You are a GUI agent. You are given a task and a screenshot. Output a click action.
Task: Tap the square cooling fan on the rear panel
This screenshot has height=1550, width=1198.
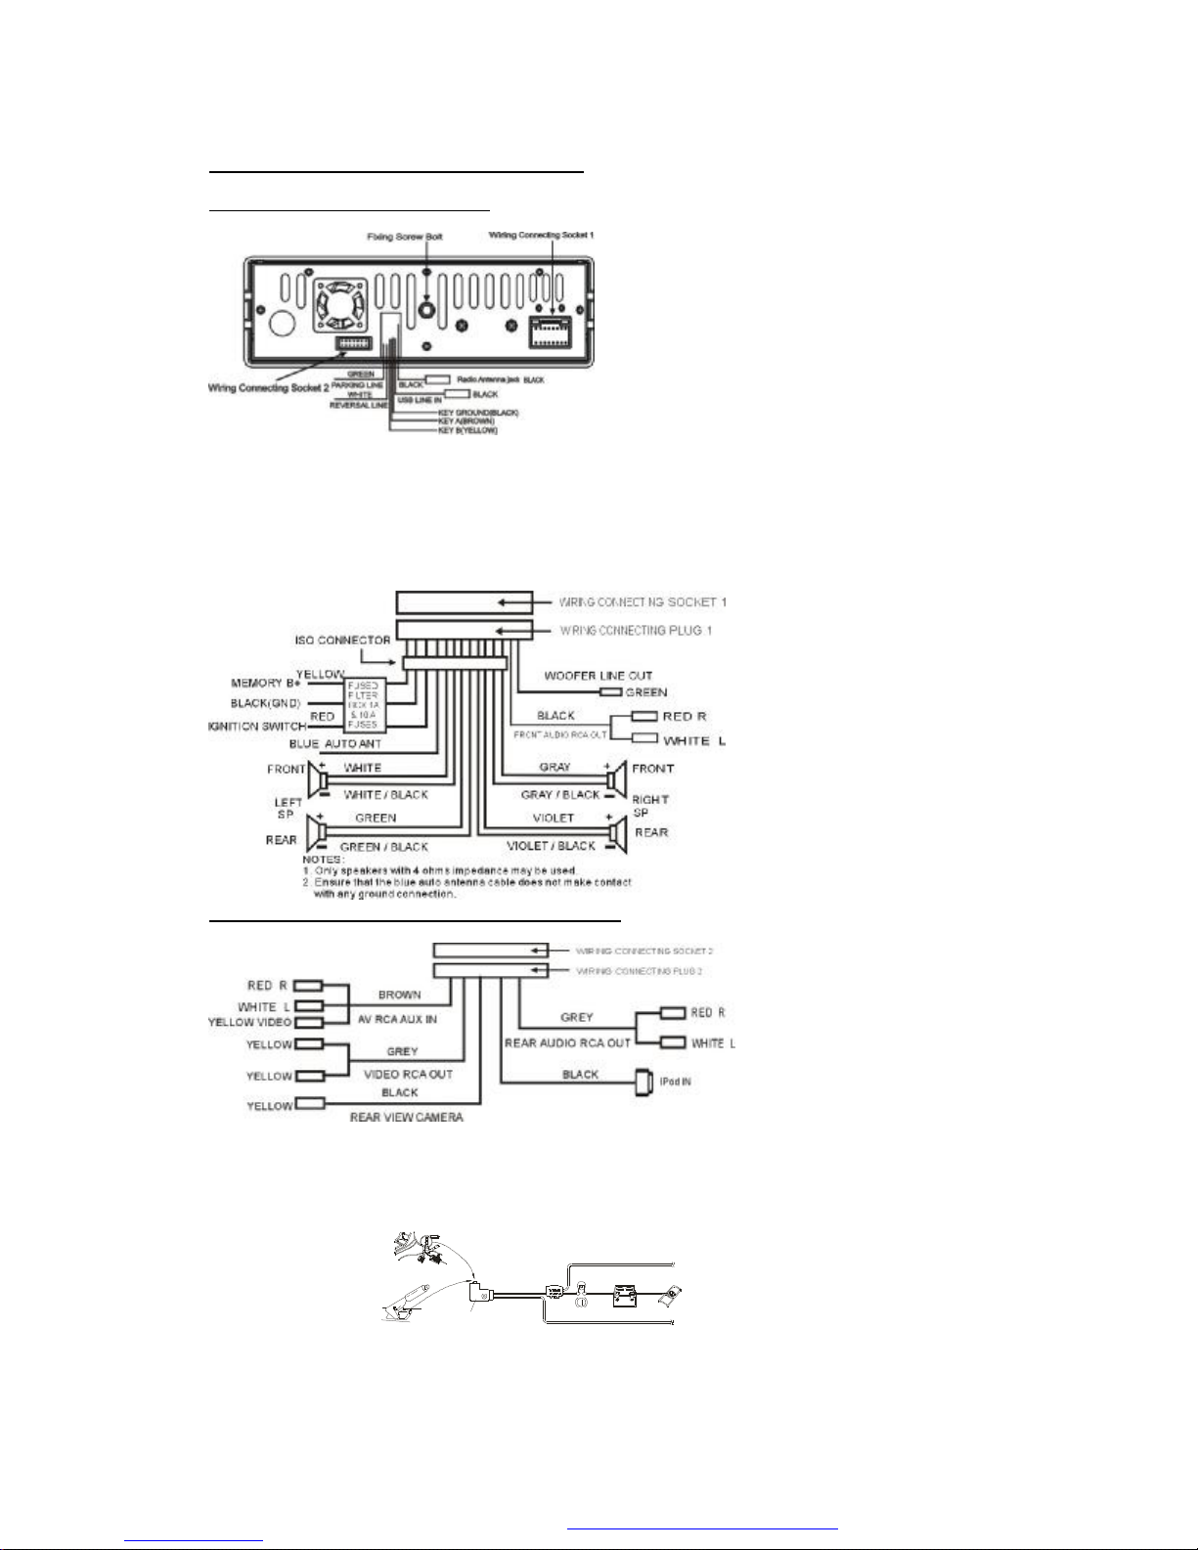tap(338, 304)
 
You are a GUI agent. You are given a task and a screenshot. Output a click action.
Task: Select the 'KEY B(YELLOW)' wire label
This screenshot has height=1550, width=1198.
tap(467, 430)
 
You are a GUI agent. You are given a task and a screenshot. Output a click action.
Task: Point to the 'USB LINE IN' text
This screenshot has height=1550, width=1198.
tap(420, 400)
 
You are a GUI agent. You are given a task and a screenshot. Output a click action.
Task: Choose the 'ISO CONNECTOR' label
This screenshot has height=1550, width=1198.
tap(344, 641)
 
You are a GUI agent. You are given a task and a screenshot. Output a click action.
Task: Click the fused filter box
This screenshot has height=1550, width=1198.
tap(363, 704)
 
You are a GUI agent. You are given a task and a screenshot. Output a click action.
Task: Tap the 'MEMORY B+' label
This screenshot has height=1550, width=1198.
tap(263, 683)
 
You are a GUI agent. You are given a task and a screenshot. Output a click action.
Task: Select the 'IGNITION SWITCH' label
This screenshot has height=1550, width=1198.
tap(256, 727)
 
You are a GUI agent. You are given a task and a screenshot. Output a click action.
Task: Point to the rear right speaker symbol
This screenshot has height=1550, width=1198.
tap(616, 833)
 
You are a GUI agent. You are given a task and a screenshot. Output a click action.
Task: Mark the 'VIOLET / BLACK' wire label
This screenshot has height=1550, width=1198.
tap(551, 846)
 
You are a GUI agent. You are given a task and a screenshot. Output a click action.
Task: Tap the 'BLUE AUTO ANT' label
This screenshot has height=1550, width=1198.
tap(335, 744)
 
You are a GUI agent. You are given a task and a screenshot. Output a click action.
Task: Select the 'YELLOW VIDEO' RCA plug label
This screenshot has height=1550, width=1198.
tap(250, 1023)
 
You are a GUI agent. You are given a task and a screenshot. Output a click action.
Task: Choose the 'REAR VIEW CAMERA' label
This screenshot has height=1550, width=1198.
tap(406, 1117)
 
